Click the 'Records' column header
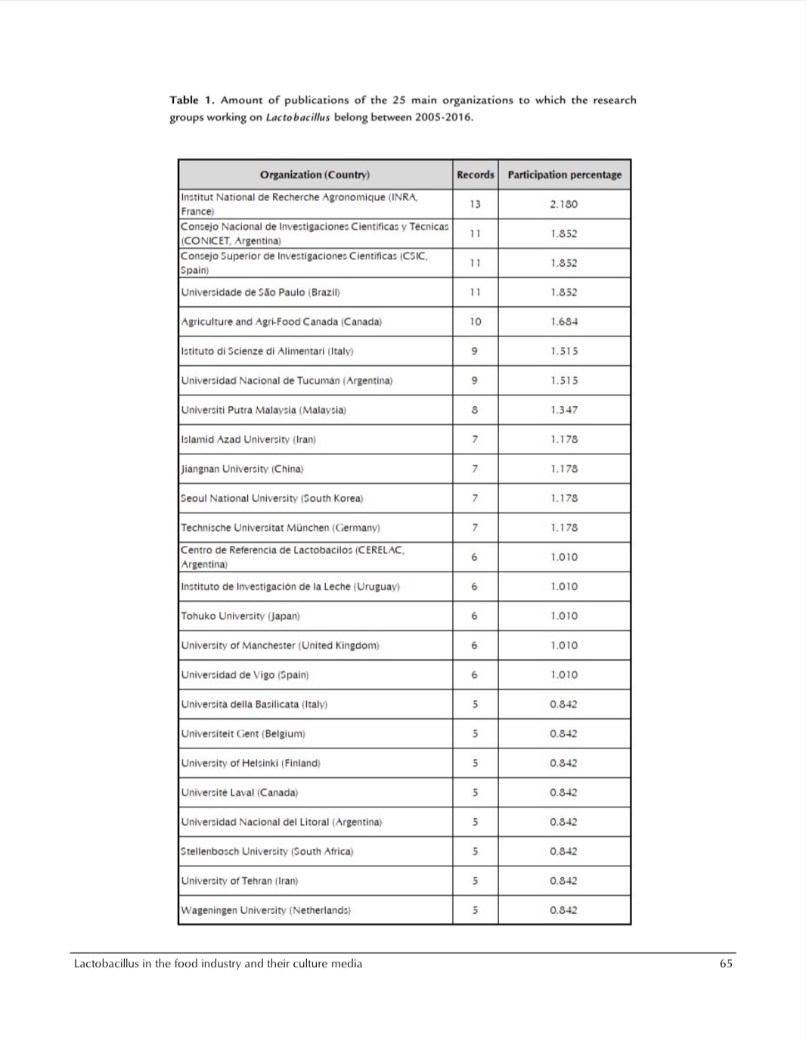pyautogui.click(x=475, y=175)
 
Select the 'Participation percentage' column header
pyautogui.click(x=564, y=175)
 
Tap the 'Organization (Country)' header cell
pyautogui.click(x=315, y=175)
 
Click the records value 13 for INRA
pyautogui.click(x=475, y=204)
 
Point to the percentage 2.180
pyautogui.click(x=564, y=204)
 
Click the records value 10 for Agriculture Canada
pyautogui.click(x=475, y=322)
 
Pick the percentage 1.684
pyautogui.click(x=564, y=322)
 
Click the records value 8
pyautogui.click(x=475, y=411)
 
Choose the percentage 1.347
pyautogui.click(x=564, y=411)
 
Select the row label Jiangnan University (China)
pyautogui.click(x=242, y=469)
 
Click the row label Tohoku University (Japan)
pyautogui.click(x=240, y=616)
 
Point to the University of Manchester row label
pyautogui.click(x=280, y=646)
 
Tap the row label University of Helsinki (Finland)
pyautogui.click(x=251, y=764)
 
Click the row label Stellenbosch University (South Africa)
pyautogui.click(x=267, y=852)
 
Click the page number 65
pyautogui.click(x=726, y=964)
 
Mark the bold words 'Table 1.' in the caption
pyautogui.click(x=192, y=101)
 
